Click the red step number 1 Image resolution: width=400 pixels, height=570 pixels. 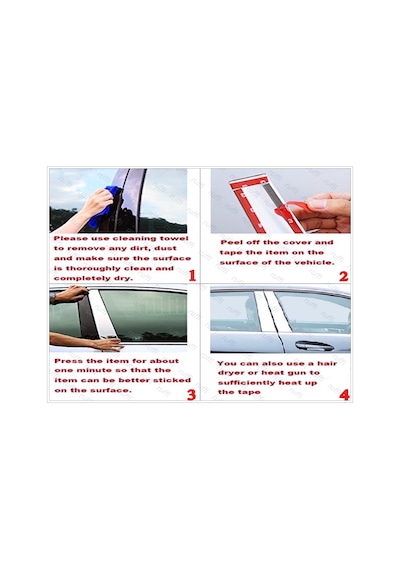(192, 276)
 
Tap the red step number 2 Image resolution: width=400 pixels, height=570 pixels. (344, 276)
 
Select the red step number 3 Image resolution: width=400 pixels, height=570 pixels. (192, 394)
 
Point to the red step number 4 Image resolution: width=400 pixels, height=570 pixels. (344, 394)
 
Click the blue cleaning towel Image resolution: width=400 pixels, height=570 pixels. (106, 205)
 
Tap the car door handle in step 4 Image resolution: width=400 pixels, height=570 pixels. (314, 345)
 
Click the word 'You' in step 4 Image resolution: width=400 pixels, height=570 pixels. (226, 363)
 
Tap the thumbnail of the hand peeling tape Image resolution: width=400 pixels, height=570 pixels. (280, 201)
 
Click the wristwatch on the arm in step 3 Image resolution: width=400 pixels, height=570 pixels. (53, 298)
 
